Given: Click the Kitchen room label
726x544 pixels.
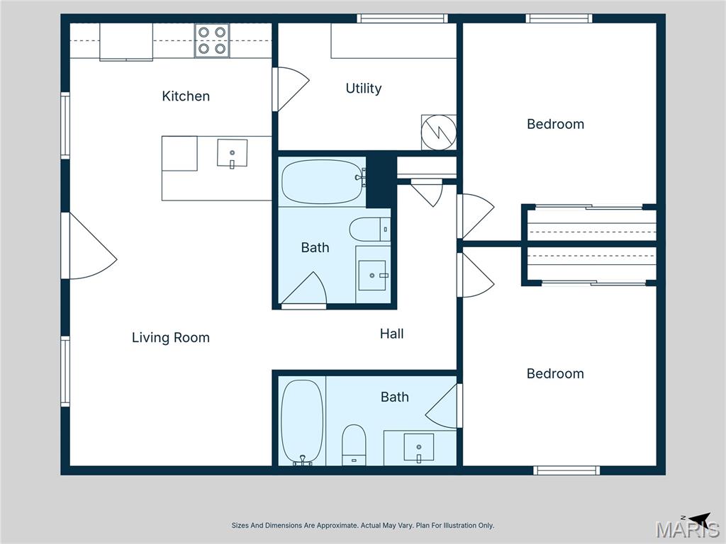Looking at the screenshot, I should (x=186, y=96).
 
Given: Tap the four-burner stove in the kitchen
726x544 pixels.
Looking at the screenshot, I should (x=212, y=40).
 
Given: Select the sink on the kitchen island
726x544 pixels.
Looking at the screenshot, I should (x=232, y=153).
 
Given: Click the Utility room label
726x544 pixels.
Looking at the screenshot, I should (x=364, y=89).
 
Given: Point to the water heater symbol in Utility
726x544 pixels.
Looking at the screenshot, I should (x=439, y=132).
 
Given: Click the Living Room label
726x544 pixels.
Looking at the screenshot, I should (x=171, y=338).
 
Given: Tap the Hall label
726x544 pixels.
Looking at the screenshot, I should (x=391, y=334).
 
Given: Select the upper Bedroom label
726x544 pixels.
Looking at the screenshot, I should (x=555, y=124).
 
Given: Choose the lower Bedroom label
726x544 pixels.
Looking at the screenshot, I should (x=555, y=373).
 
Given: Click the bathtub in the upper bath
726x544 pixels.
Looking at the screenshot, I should (x=322, y=182).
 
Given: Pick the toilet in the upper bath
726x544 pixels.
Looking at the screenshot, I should (x=369, y=229).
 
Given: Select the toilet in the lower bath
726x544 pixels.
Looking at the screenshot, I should (x=353, y=444).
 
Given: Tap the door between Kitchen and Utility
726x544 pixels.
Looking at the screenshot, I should (x=290, y=89).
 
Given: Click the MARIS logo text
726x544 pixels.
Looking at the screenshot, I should (x=687, y=530).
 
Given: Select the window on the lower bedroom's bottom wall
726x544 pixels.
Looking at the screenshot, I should (x=566, y=470).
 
